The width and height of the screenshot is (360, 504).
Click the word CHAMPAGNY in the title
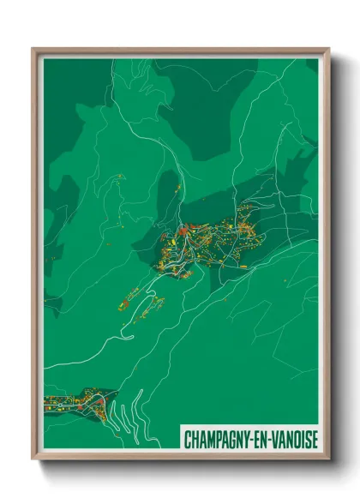click(x=217, y=440)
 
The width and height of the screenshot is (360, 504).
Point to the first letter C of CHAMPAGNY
click(x=187, y=440)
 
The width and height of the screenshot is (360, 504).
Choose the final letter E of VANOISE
click(x=315, y=440)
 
